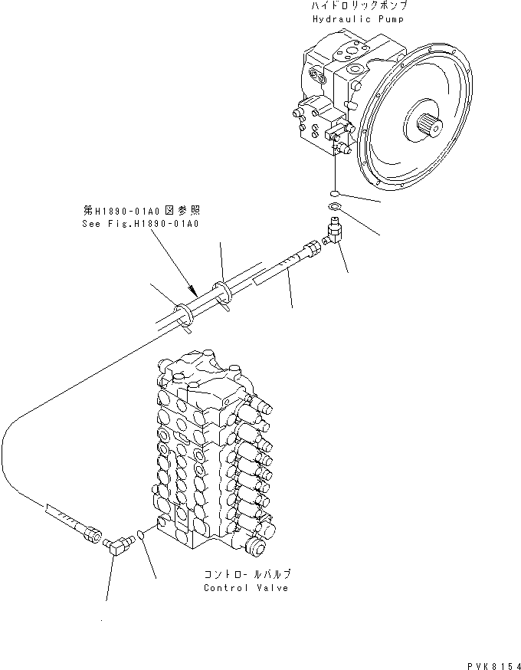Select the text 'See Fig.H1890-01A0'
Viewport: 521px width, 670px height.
point(139,223)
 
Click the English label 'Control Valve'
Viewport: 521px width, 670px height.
point(246,587)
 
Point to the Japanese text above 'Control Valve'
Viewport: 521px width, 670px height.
point(247,573)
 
